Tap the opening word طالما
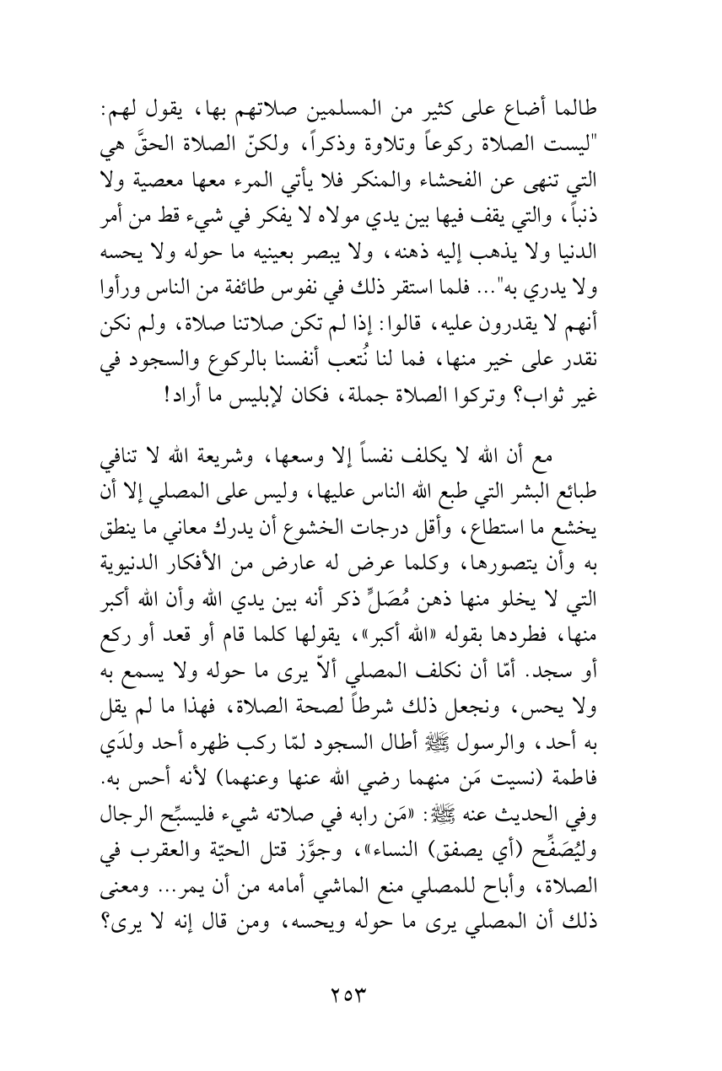pyautogui.click(x=596, y=110)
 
